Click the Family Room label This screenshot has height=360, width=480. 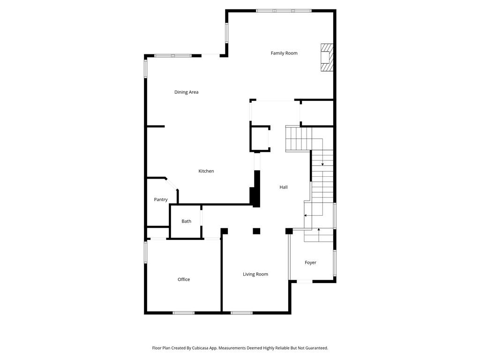coord(284,53)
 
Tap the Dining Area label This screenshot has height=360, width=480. coord(187,92)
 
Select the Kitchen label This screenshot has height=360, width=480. coord(206,171)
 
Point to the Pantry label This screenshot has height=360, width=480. coord(161,200)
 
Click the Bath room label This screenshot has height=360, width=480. coord(187,221)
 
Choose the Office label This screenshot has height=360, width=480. coord(184,279)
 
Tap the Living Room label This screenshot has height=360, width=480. coord(255,274)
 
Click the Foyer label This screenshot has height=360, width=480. coord(310,262)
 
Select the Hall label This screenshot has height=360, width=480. coord(284,187)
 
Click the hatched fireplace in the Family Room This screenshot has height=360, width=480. coord(327,58)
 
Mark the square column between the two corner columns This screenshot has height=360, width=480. coord(256,231)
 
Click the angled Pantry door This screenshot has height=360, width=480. coord(172,184)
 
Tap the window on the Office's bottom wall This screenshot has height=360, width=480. coord(184,313)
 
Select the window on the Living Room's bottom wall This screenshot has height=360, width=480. coord(241,313)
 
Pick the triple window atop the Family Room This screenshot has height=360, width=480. coord(284,11)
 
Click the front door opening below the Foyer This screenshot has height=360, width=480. coord(305,281)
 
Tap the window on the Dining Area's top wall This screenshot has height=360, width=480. coord(173,56)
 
